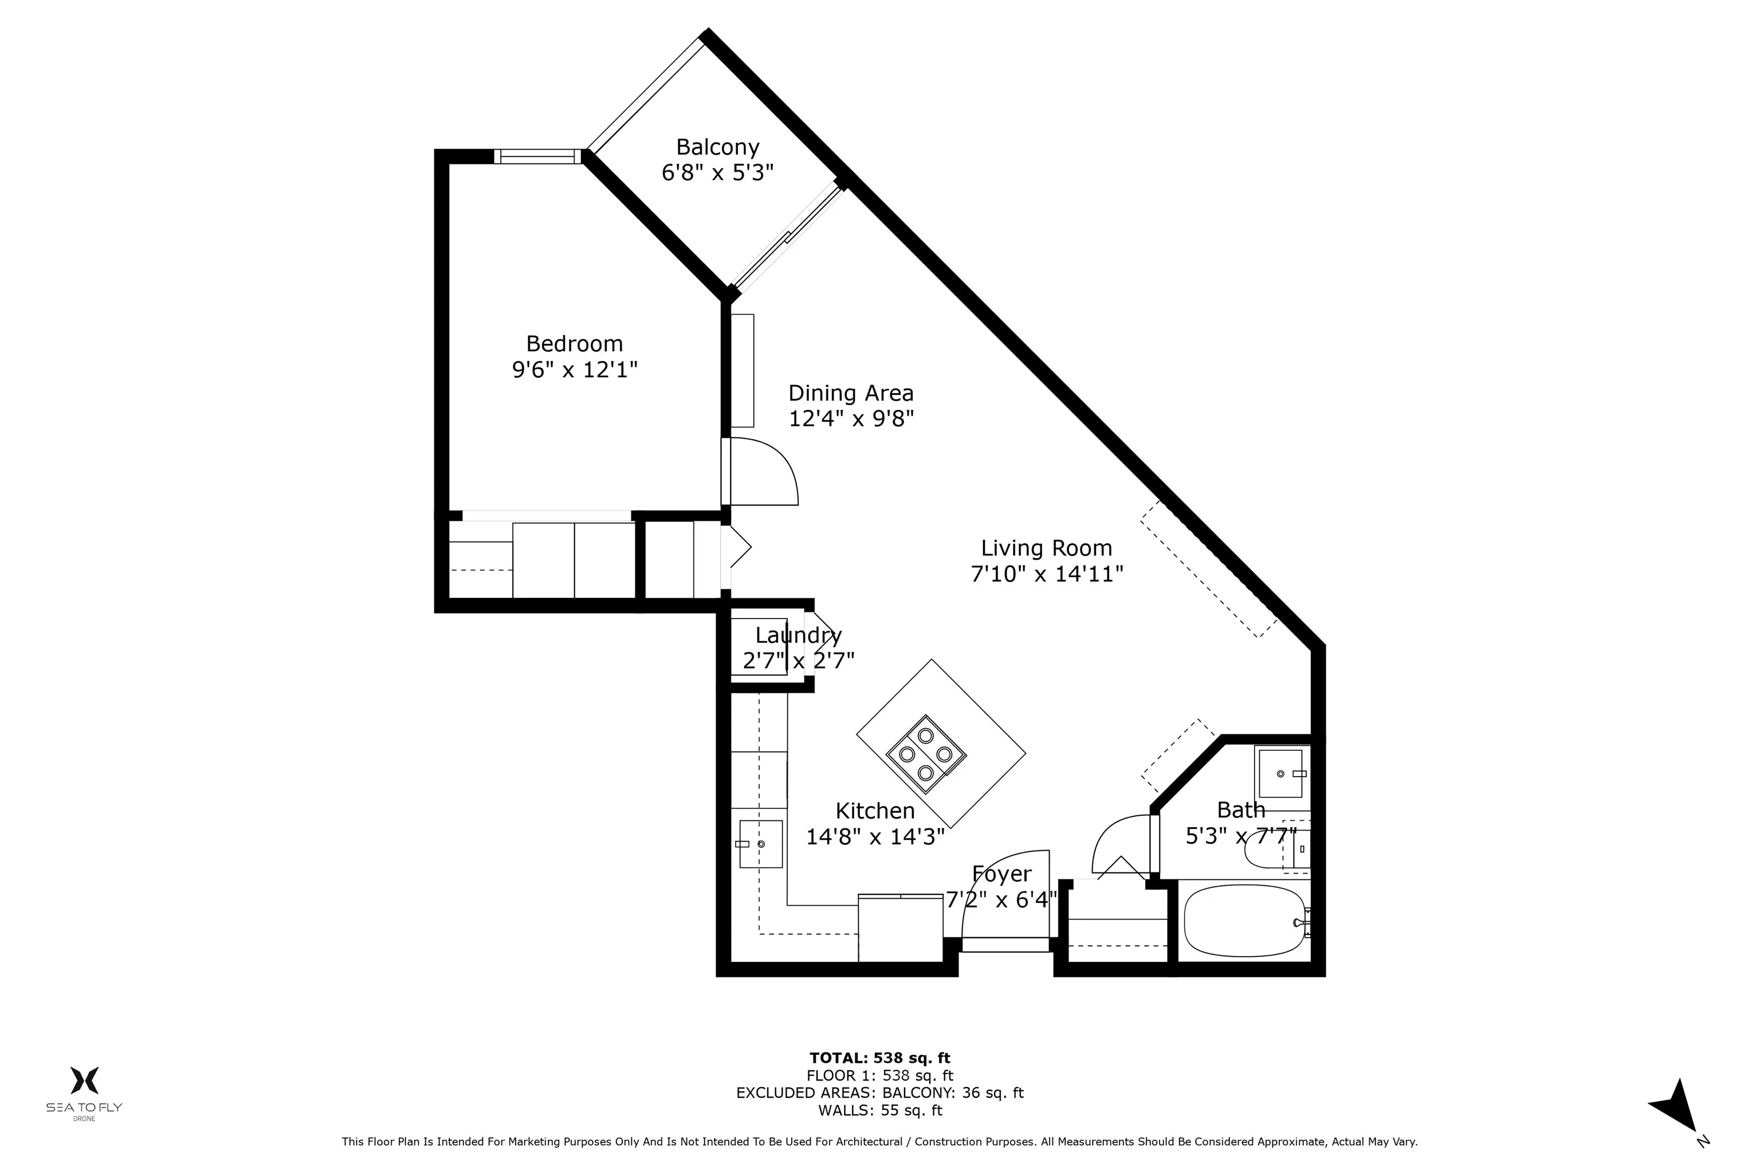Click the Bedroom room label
574,344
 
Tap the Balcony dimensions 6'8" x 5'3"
717,173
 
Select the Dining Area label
851,393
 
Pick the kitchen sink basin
760,844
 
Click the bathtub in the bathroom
1244,921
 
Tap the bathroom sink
1280,773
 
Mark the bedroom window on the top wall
537,156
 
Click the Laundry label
799,636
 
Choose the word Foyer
1001,874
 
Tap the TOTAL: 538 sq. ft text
879,1058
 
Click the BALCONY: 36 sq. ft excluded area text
953,1093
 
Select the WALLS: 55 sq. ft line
879,1110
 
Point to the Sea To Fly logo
84,1091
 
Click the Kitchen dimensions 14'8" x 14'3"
875,836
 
